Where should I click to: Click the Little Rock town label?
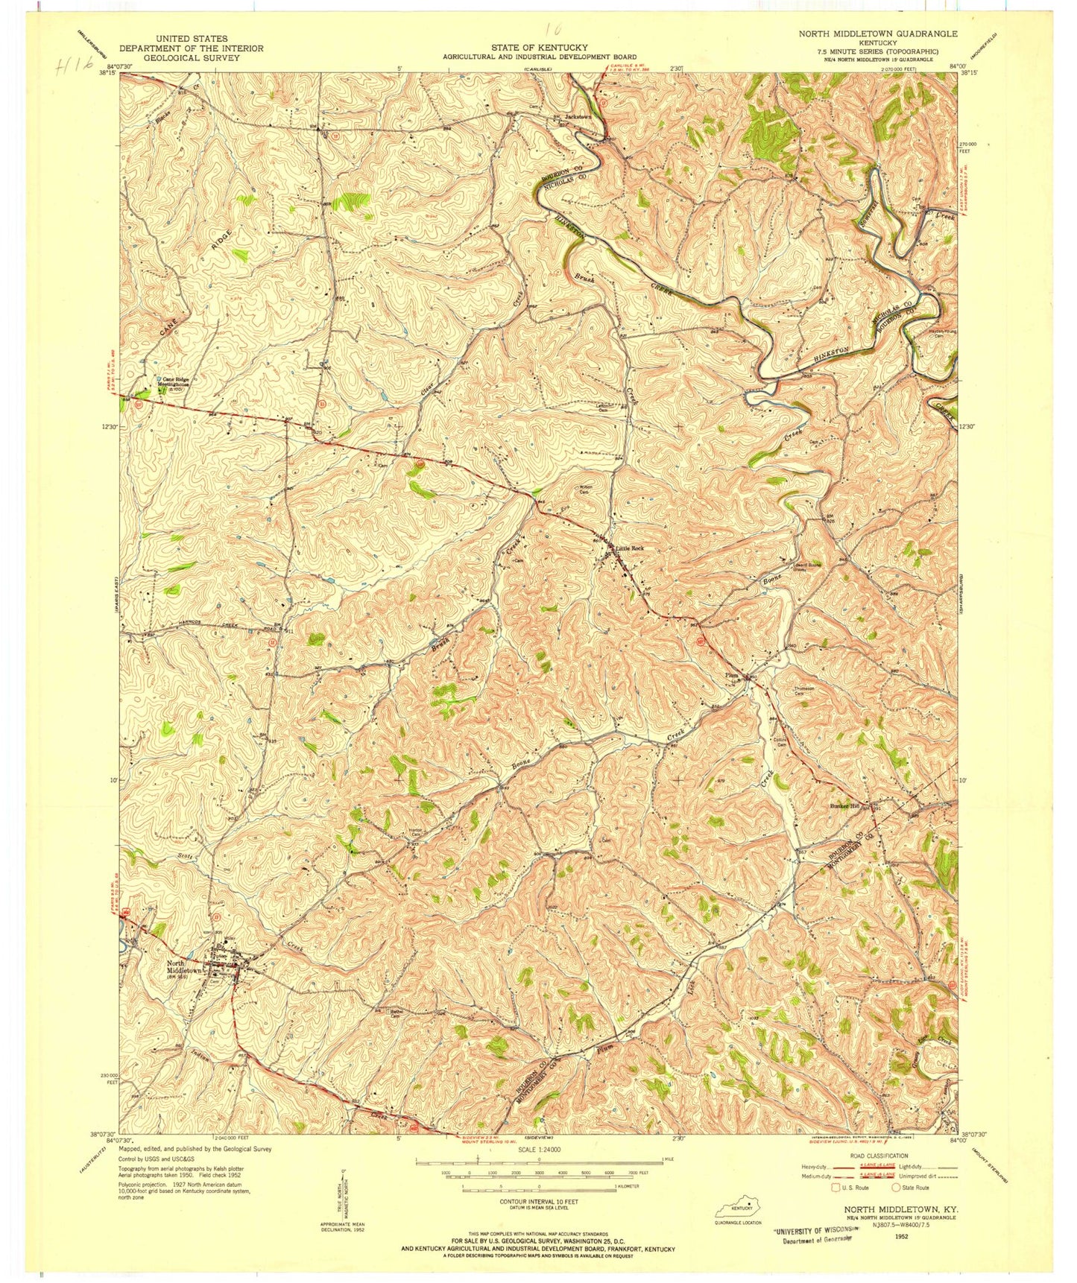[629, 548]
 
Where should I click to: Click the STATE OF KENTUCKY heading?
[539, 48]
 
